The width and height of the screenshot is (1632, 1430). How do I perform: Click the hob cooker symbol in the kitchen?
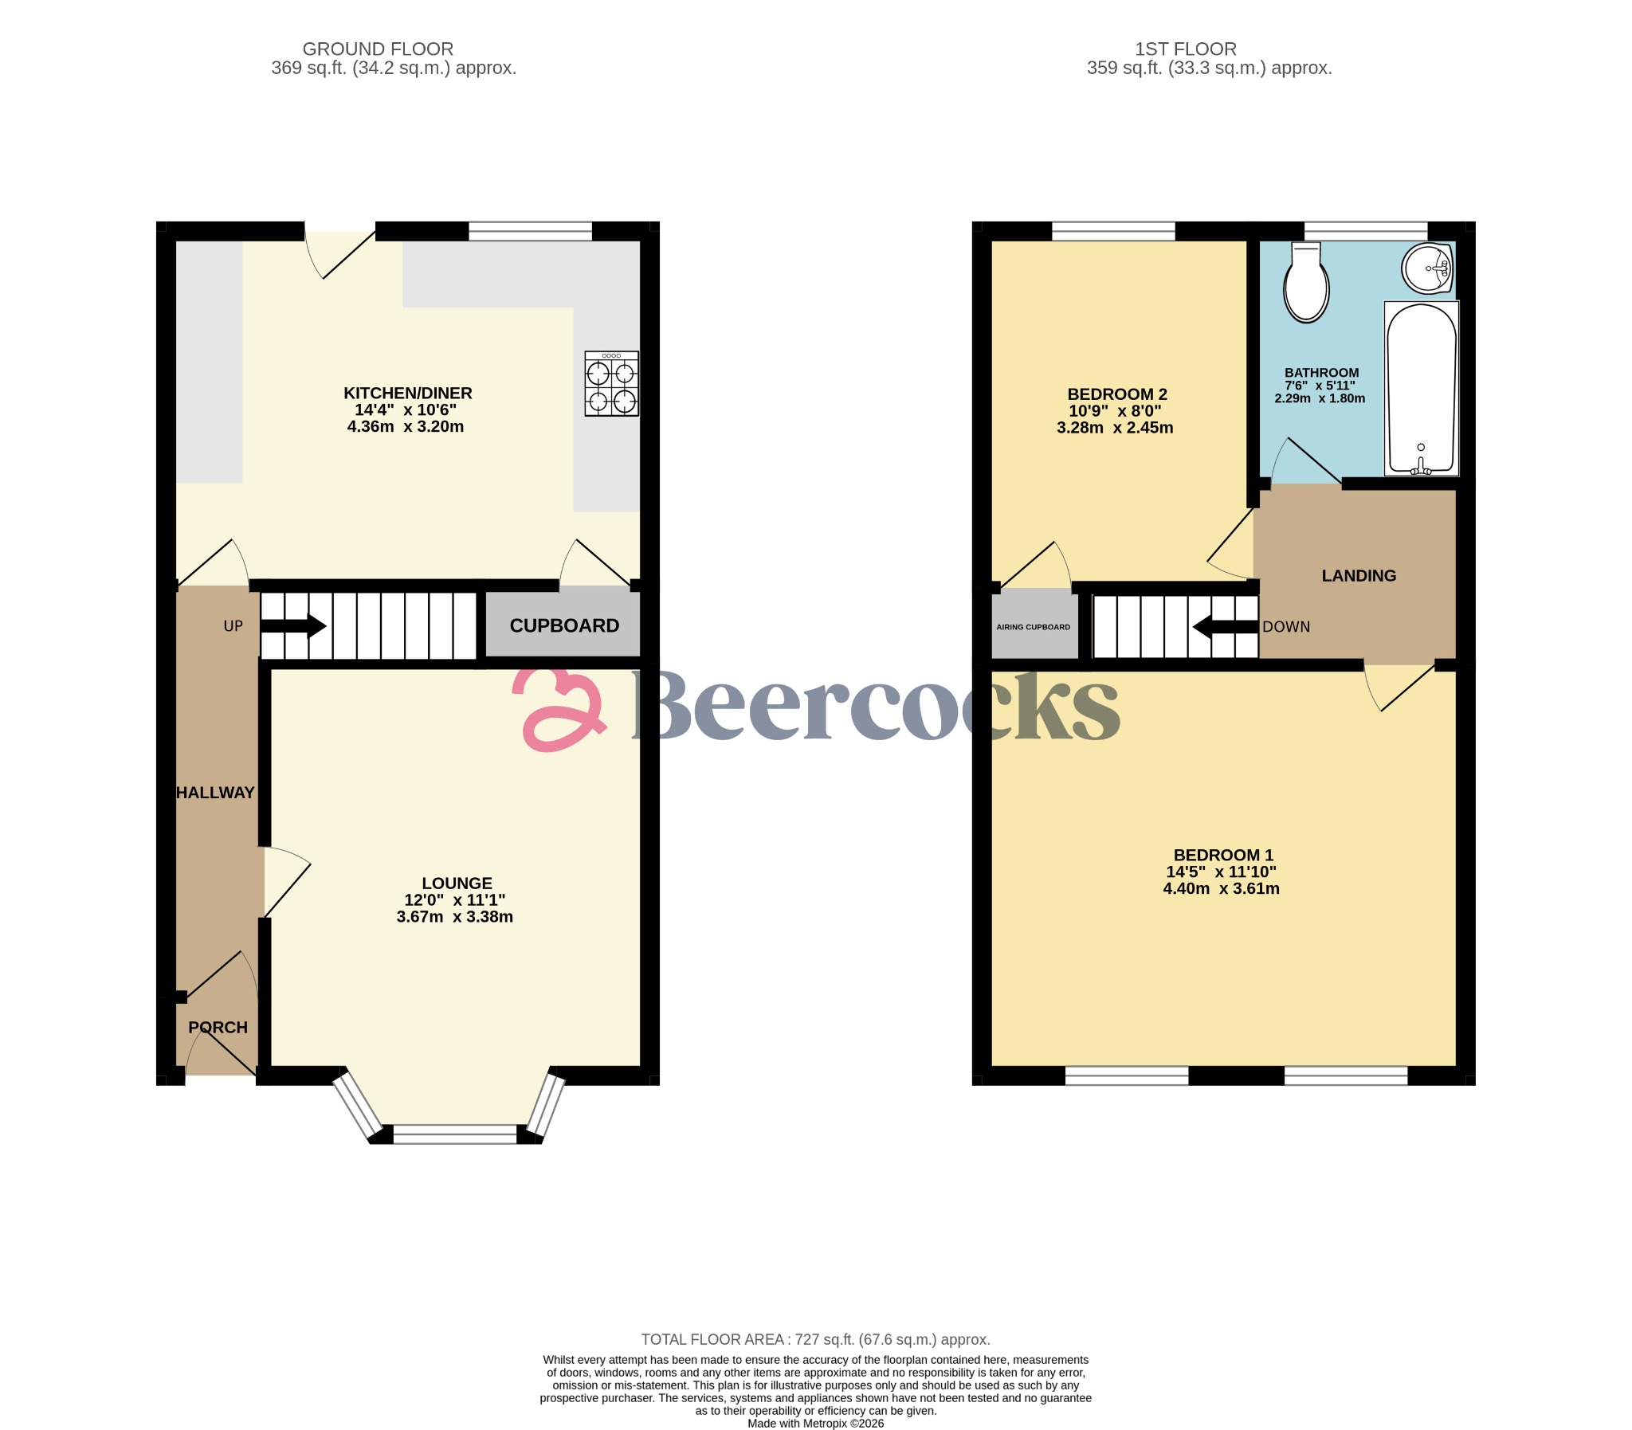611,384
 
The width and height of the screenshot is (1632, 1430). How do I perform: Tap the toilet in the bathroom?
1305,284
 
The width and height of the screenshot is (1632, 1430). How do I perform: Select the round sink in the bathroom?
1426,269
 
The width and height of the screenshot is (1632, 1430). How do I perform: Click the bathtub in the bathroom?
1421,389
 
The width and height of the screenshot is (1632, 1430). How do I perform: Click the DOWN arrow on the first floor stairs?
1225,627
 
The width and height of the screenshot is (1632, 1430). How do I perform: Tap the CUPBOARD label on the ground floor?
564,625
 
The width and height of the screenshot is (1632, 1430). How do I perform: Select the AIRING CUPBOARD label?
1033,627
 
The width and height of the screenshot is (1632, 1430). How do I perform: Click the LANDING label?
1358,575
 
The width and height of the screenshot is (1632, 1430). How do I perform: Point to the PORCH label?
218,1027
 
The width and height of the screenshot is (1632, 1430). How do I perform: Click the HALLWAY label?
214,793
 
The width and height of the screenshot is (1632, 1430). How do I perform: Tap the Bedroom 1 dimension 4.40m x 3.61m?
1221,888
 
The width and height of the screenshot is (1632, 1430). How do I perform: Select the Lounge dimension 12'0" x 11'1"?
455,899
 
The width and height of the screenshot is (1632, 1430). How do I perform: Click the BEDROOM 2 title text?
1116,394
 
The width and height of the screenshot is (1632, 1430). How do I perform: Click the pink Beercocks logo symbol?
559,710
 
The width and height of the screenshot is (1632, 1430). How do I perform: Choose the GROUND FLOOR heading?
378,49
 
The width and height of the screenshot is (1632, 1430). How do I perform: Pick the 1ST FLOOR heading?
1185,49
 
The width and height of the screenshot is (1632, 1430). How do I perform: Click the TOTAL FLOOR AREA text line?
814,1339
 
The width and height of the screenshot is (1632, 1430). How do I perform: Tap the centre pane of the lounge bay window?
455,1134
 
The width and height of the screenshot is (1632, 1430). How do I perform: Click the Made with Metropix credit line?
814,1423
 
